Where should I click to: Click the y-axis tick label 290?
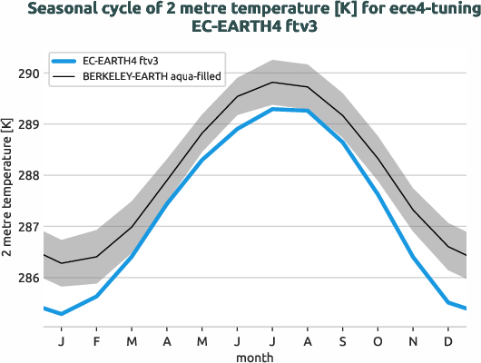pyautogui.click(x=27, y=73)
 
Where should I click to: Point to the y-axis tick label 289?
pyautogui.click(x=27, y=123)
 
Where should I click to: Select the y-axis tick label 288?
pyautogui.click(x=27, y=175)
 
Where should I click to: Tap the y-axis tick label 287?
pyautogui.click(x=27, y=226)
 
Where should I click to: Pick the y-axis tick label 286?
pyautogui.click(x=27, y=278)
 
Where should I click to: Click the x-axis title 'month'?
pyautogui.click(x=255, y=356)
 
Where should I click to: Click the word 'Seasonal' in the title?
pyautogui.click(x=62, y=10)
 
